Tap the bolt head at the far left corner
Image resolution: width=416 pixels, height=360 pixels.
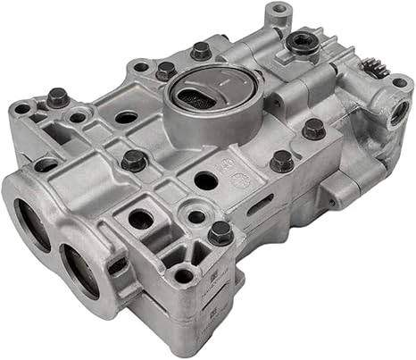pyautogui.click(x=58, y=96)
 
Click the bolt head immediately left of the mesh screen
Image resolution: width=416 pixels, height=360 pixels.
pyautogui.click(x=165, y=71)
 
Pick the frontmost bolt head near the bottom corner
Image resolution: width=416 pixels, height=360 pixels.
pyautogui.click(x=220, y=233)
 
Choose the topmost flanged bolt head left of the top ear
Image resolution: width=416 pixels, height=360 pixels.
pyautogui.click(x=202, y=50)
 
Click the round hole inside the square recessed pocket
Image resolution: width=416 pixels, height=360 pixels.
pyautogui.click(x=140, y=218)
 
